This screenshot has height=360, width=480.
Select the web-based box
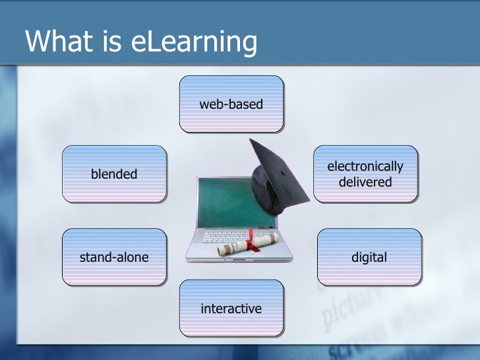231,104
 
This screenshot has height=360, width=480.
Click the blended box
114,173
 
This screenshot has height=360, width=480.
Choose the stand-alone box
114,257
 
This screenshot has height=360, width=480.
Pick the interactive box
231,309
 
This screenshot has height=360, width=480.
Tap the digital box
369,257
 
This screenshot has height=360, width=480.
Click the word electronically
365,167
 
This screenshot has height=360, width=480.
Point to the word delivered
365,182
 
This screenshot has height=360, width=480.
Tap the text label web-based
231,104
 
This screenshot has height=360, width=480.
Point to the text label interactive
231,309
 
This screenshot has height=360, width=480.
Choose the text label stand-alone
114,257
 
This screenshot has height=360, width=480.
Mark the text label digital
369,257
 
